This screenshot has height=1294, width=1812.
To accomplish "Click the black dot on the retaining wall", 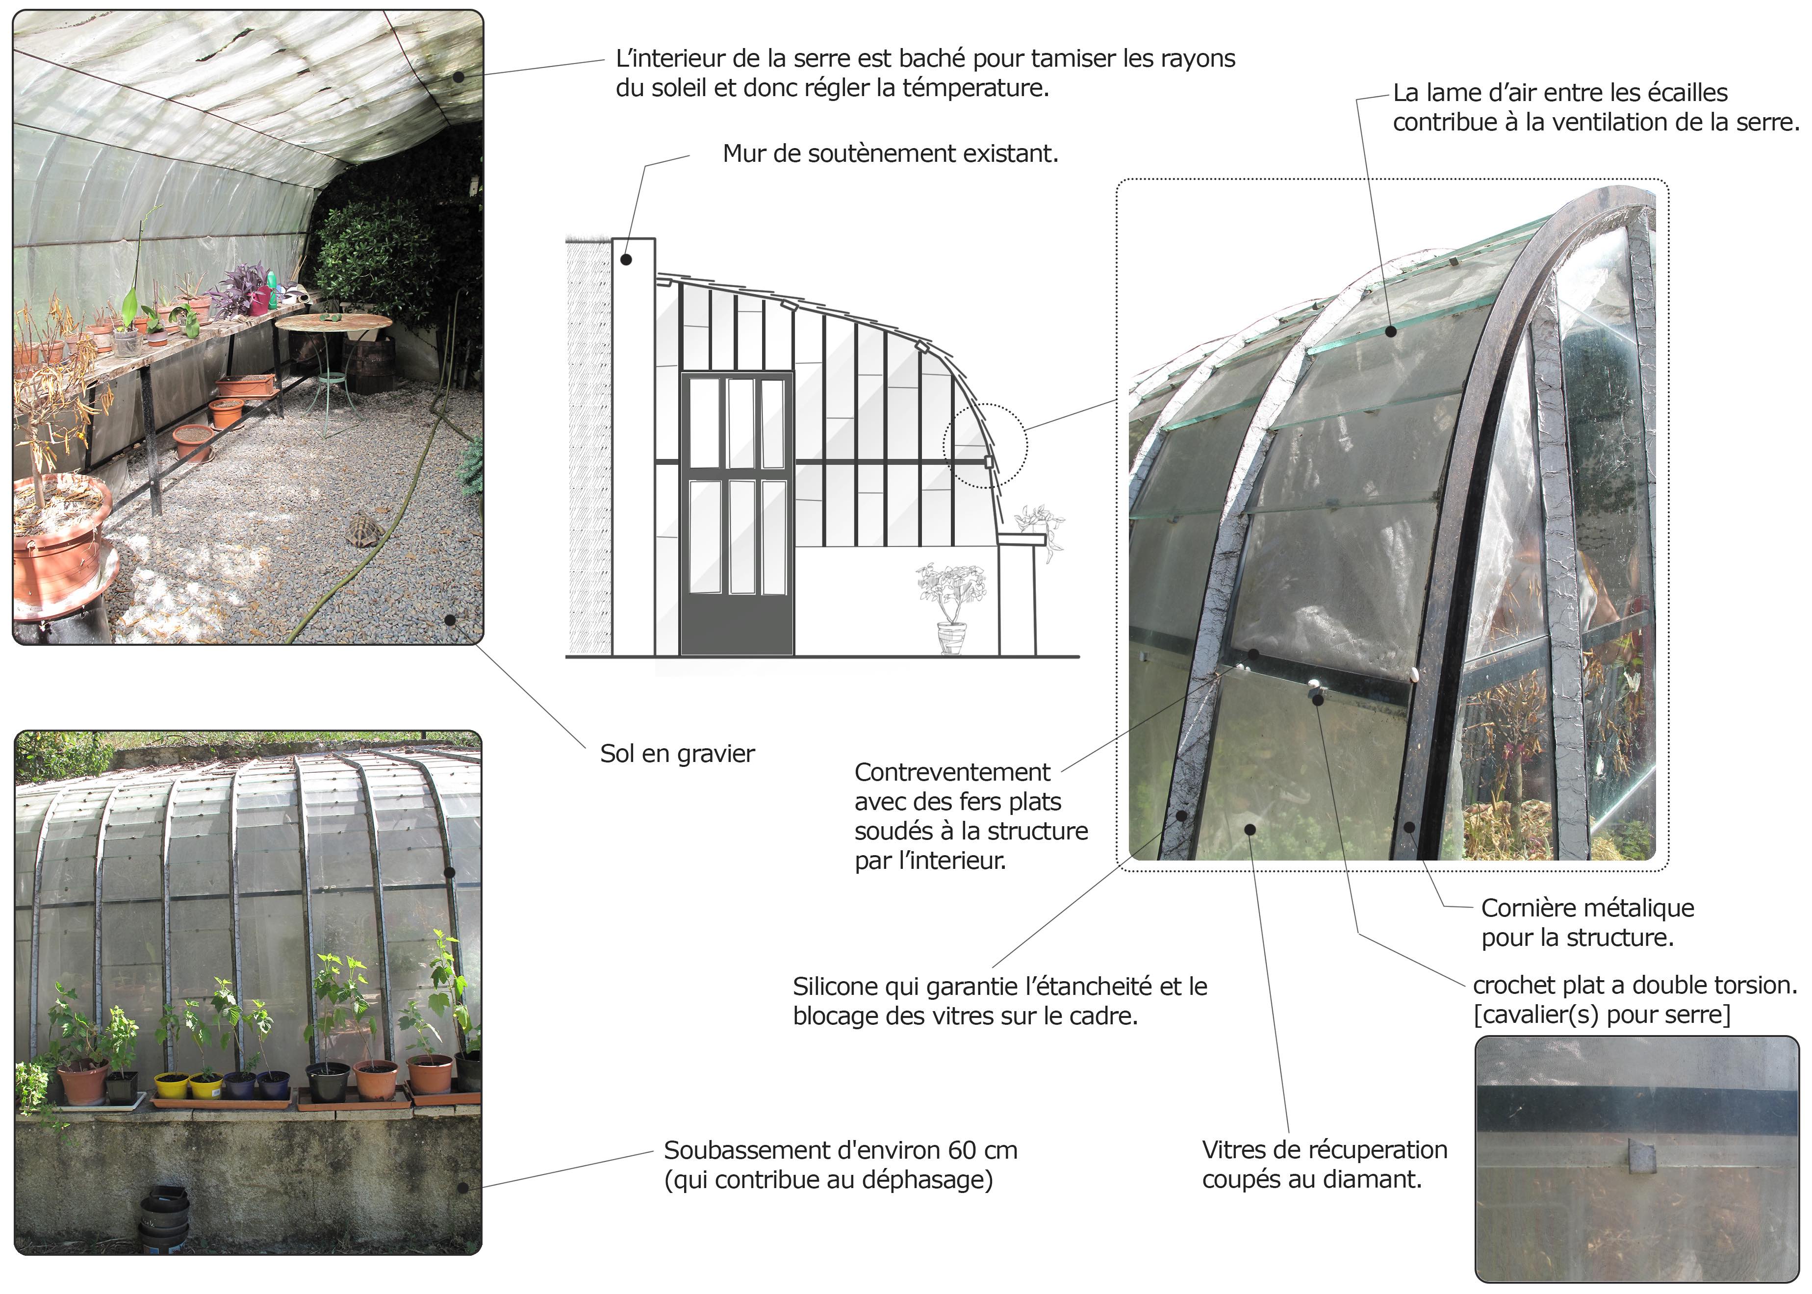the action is [626, 260].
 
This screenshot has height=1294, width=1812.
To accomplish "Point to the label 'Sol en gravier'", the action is [677, 754].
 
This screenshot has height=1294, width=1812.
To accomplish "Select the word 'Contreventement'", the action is [952, 772].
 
